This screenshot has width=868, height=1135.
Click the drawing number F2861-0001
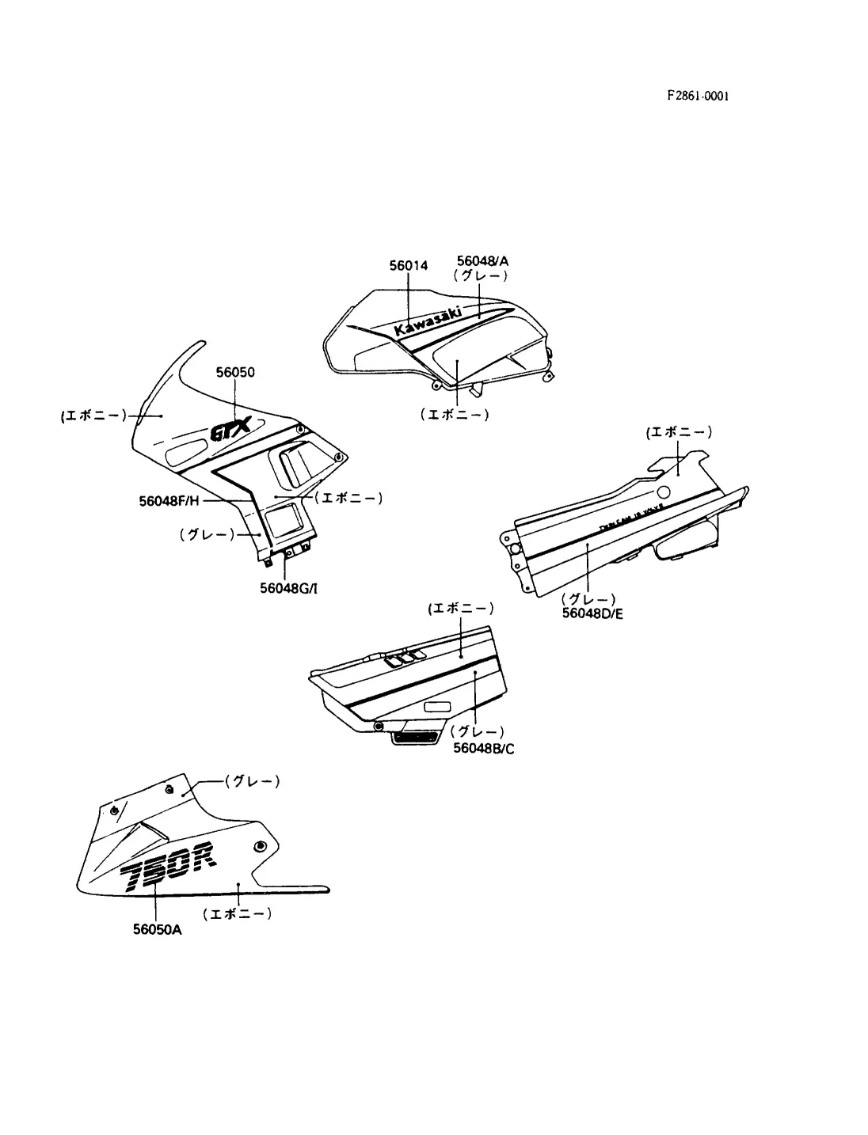click(x=697, y=96)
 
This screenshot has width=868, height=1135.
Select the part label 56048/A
click(x=482, y=260)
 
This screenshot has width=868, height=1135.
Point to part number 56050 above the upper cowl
click(x=235, y=372)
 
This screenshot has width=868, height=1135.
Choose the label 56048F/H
click(x=169, y=500)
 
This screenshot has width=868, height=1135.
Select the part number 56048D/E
click(x=592, y=613)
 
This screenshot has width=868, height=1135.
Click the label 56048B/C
click(x=483, y=748)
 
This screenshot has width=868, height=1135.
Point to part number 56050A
click(x=157, y=930)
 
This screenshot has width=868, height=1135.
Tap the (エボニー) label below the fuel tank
click(x=455, y=413)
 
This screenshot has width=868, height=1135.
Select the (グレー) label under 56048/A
click(x=481, y=275)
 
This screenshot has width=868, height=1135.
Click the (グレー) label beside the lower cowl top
click(x=253, y=781)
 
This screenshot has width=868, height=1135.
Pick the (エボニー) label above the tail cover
click(x=679, y=432)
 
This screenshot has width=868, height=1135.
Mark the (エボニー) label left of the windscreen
click(x=93, y=415)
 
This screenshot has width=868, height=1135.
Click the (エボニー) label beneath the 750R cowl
click(x=238, y=913)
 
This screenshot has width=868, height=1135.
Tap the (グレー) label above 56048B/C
click(x=477, y=732)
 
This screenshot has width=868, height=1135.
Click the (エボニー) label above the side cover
click(x=461, y=608)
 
